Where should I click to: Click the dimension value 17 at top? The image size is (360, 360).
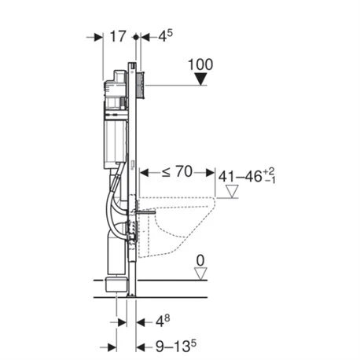tap(118, 36)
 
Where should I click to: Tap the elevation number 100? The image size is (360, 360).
tap(200, 64)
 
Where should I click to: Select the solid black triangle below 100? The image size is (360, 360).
tap(201, 79)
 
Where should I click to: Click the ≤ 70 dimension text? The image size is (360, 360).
tap(177, 172)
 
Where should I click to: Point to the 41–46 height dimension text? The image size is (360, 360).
tap(247, 176)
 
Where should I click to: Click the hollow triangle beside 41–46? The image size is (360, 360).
tap(233, 191)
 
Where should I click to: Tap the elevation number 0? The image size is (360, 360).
tap(200, 261)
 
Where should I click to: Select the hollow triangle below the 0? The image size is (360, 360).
tap(200, 274)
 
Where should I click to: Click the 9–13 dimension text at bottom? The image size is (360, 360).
tap(176, 346)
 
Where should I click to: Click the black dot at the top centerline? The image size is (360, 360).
tap(136, 37)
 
